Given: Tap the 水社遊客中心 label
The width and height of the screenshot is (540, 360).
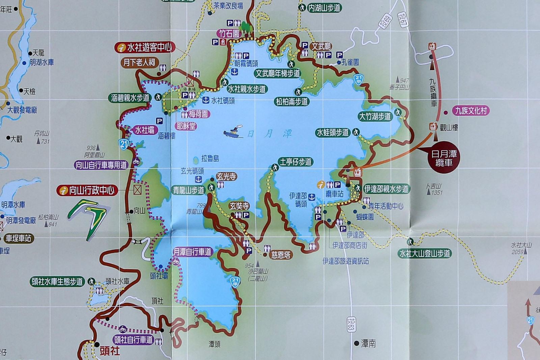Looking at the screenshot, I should (x=145, y=48).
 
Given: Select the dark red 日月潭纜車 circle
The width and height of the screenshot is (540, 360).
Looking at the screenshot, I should (x=443, y=158).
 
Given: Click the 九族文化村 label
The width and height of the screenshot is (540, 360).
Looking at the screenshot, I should (x=470, y=111).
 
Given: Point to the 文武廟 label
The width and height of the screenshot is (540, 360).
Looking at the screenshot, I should (x=321, y=46).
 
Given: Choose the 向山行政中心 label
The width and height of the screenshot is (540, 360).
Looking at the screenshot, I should (x=87, y=190).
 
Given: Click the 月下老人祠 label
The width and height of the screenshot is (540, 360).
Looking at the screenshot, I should (x=139, y=62).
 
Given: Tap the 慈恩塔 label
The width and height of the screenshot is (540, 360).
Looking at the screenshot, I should (x=280, y=255).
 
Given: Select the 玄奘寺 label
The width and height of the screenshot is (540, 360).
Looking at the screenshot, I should (x=239, y=206).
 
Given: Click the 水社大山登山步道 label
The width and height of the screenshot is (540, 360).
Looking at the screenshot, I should (x=425, y=253).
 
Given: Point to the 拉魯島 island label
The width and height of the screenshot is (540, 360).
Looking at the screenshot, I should (x=210, y=158).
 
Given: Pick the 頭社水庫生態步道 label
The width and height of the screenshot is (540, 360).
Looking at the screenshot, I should (x=57, y=282).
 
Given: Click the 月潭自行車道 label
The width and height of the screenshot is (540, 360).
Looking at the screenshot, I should (x=192, y=252).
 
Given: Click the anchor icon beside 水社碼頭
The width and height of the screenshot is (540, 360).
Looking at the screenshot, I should (x=206, y=100).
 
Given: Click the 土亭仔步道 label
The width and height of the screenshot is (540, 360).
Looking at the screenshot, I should (x=295, y=162).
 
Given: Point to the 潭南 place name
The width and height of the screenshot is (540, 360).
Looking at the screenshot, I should (x=368, y=343).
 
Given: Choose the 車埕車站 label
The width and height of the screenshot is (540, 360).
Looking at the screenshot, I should (x=18, y=238).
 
